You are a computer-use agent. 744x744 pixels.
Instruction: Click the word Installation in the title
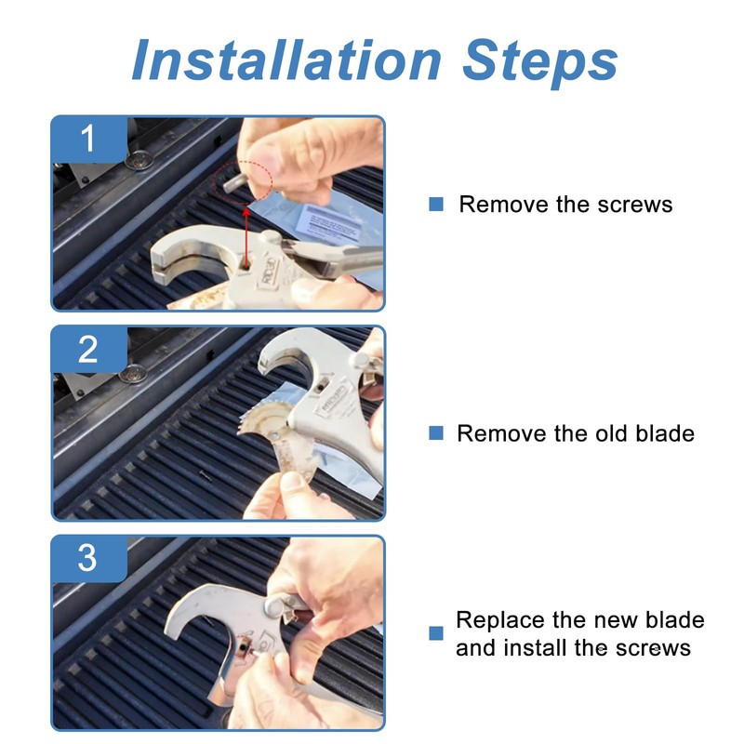287,60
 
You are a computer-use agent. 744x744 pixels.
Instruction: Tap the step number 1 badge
88,139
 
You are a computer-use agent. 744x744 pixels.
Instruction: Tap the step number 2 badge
88,350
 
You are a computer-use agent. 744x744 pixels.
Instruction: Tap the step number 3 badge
88,559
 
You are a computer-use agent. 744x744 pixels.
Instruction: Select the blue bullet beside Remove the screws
436,204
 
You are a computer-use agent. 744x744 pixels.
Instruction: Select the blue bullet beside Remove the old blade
436,432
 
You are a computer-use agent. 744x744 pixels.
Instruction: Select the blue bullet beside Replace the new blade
436,633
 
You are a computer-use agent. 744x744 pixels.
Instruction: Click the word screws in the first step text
635,205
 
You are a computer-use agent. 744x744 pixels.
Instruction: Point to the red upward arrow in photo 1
246,236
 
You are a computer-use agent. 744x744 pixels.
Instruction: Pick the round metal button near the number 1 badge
139,160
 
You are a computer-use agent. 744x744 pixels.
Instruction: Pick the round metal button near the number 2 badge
132,374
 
